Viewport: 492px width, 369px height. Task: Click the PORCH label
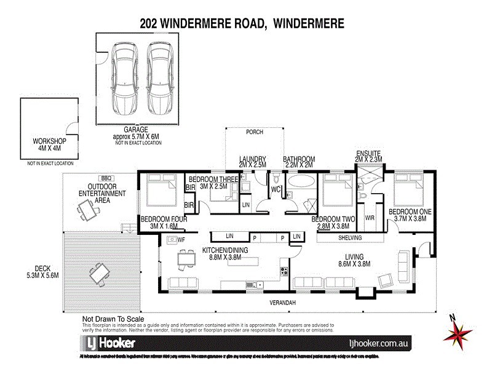[x=255, y=131]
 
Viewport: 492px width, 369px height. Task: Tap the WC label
[x=277, y=190]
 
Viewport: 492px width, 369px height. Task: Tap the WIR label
[x=370, y=218]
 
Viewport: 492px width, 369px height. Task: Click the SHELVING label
[x=348, y=238]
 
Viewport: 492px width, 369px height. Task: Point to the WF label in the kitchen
[x=181, y=239]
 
